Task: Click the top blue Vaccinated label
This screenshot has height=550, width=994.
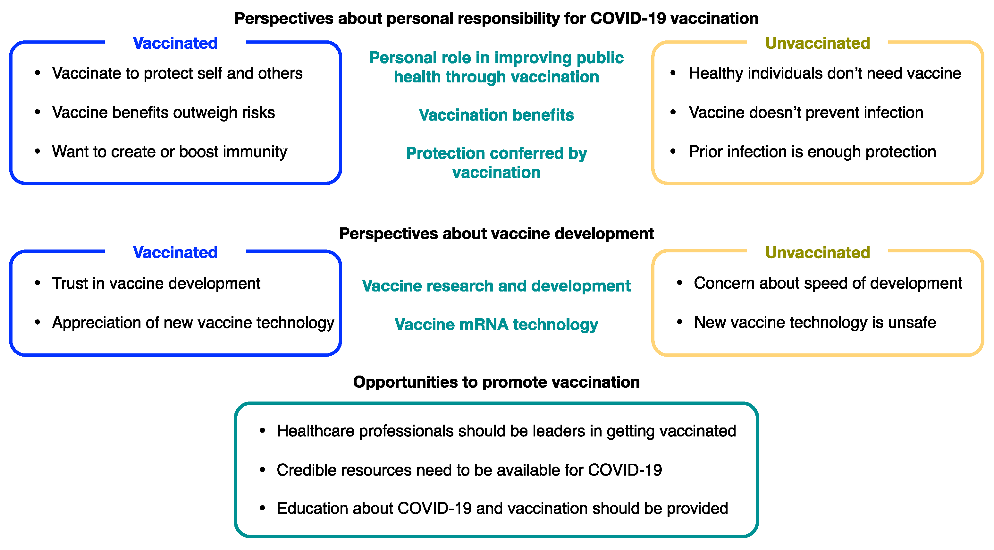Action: pyautogui.click(x=175, y=43)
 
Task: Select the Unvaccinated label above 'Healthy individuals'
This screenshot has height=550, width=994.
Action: pyautogui.click(x=817, y=43)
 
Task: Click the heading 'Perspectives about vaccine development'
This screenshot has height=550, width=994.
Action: pyautogui.click(x=496, y=233)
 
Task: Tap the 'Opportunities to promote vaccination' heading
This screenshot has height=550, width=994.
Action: pyautogui.click(x=496, y=382)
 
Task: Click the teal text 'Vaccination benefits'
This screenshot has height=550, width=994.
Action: pyautogui.click(x=496, y=115)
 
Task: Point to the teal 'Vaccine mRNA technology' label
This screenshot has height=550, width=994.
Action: pyautogui.click(x=496, y=324)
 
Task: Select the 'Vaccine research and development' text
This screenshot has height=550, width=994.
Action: pyautogui.click(x=496, y=286)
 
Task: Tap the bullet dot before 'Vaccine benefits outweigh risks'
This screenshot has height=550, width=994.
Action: pyautogui.click(x=38, y=112)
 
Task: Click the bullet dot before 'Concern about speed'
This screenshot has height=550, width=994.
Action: pyautogui.click(x=679, y=283)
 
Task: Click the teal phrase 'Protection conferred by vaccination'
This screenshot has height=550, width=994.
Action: pyautogui.click(x=496, y=163)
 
